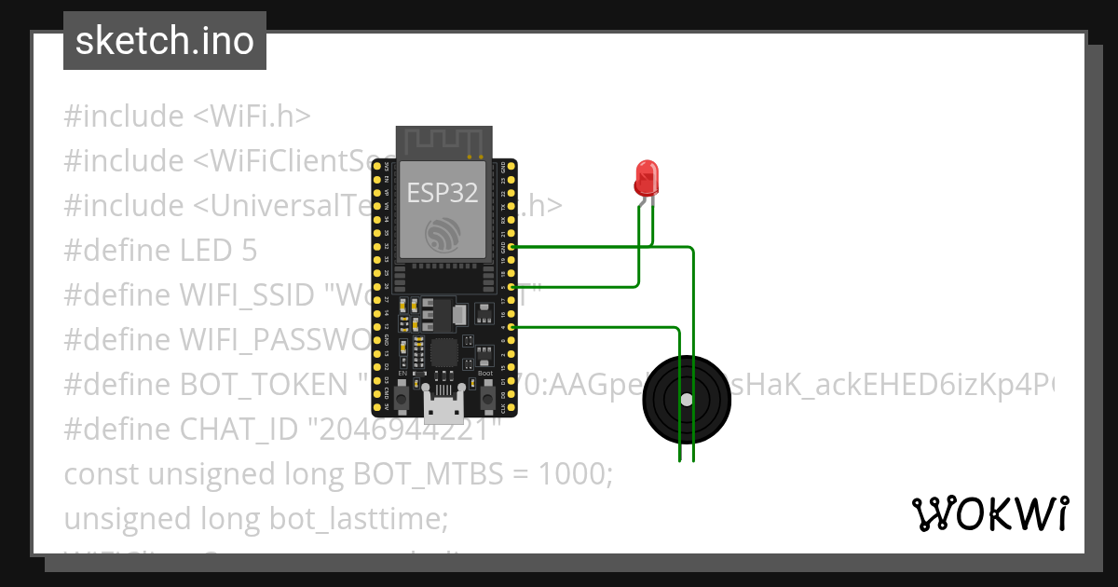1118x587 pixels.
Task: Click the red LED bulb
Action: pos(646,175)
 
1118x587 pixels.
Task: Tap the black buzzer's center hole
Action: pos(687,400)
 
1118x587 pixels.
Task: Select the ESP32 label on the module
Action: pos(443,193)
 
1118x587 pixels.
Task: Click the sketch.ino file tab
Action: pos(165,41)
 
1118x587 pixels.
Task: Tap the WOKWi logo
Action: pos(990,513)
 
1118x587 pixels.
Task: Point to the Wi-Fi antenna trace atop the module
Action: pos(443,142)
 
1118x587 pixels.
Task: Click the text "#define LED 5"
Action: pos(160,250)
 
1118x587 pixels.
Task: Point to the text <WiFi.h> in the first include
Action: pos(252,116)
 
